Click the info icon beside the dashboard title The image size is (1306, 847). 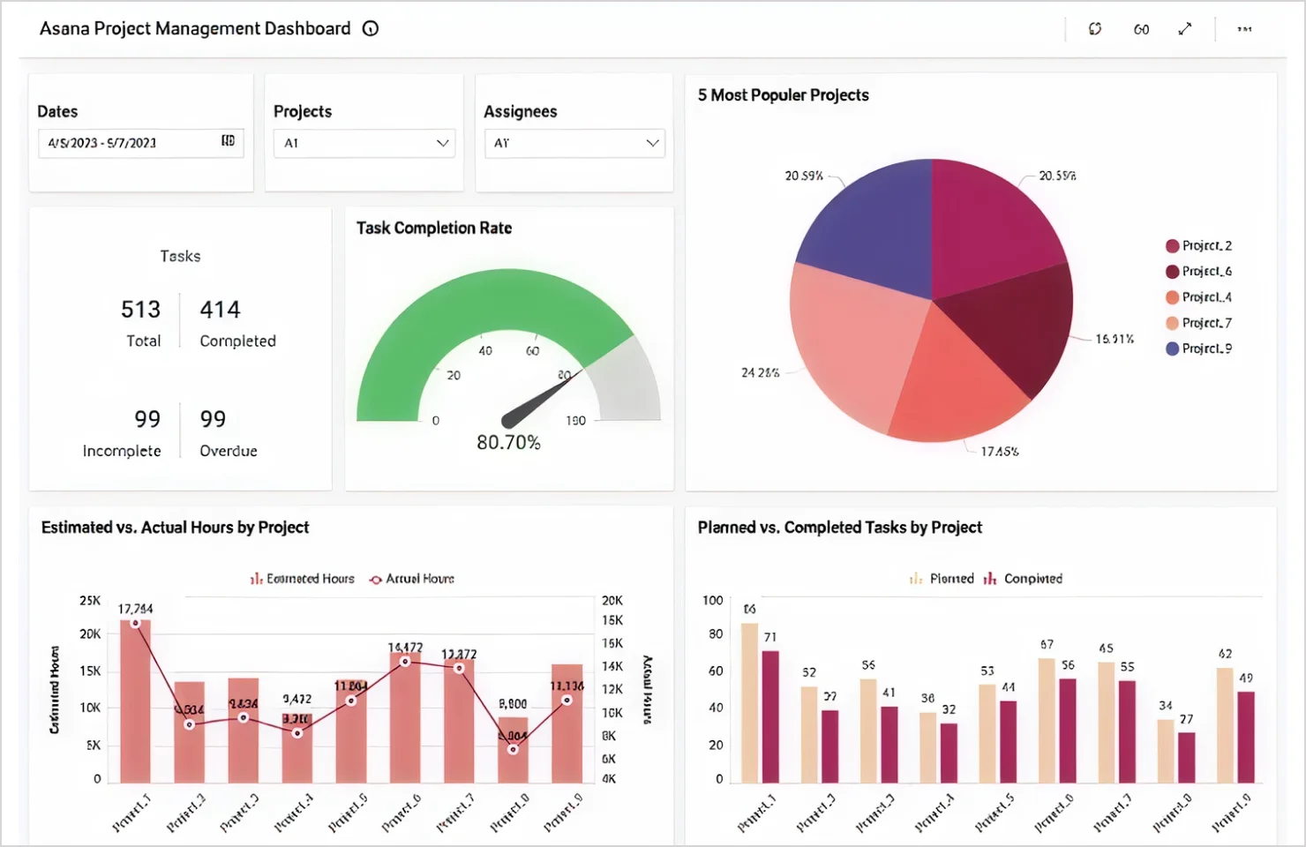coord(371,29)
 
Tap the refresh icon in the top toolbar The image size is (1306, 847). coord(1095,29)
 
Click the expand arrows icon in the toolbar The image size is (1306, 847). coord(1185,29)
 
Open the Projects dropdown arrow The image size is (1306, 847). coord(442,143)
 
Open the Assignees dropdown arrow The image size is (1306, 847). coord(652,143)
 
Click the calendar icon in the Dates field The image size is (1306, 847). coord(228,141)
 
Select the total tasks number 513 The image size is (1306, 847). coord(141,310)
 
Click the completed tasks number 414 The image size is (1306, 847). coord(220,310)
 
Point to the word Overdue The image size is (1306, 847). coord(229,451)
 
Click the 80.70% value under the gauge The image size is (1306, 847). coord(508,442)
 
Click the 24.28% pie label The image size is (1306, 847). coord(760,373)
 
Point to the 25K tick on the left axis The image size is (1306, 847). coord(90,601)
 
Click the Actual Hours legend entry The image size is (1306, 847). coord(412,579)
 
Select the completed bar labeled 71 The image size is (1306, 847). coord(770,716)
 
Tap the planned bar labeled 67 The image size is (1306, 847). coord(1047,720)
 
